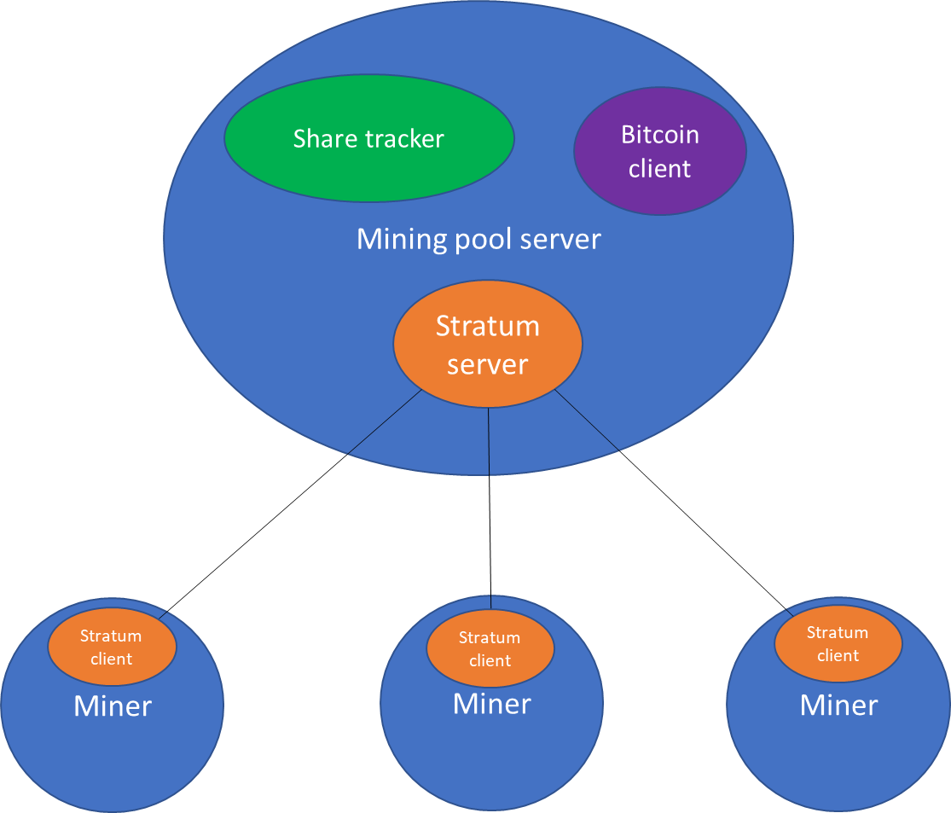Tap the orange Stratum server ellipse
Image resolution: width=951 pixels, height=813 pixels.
point(487,388)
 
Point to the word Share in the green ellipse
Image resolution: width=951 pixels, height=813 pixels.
point(322,139)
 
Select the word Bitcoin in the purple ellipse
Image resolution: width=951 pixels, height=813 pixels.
point(659,135)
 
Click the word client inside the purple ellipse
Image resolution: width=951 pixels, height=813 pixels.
point(659,169)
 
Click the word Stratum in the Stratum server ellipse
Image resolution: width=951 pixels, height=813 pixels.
point(487,326)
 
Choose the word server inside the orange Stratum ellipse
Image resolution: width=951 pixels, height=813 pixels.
point(487,365)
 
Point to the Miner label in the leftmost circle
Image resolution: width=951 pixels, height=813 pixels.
point(113,706)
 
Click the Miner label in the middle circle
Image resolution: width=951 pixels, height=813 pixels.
point(491,704)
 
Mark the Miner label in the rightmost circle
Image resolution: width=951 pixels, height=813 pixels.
point(838,706)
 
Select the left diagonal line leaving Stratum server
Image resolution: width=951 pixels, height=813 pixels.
point(385,422)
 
